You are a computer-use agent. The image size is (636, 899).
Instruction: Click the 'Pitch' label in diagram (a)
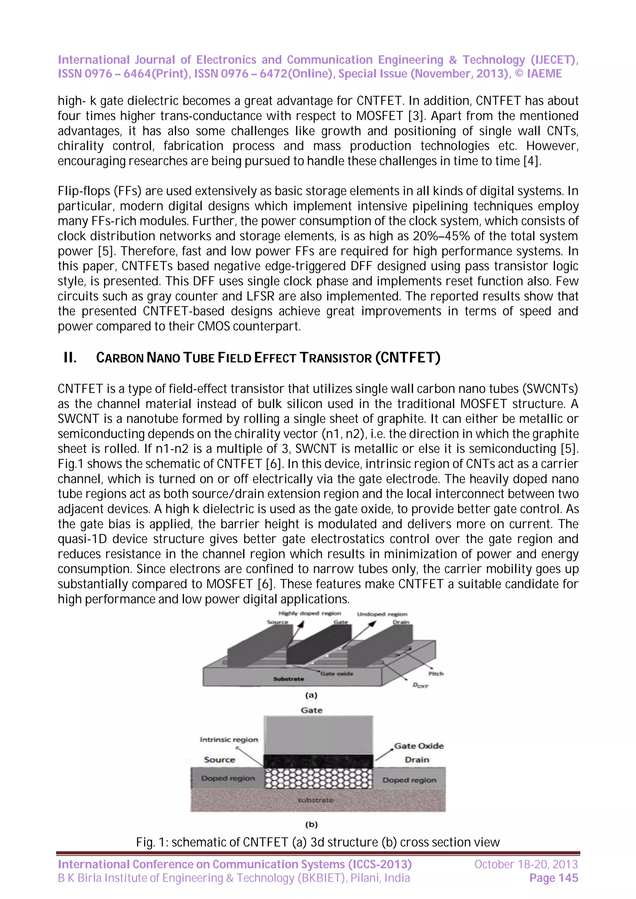[436, 673]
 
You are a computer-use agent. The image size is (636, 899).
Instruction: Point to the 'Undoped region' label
[382, 614]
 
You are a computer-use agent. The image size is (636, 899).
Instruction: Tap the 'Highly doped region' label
[310, 613]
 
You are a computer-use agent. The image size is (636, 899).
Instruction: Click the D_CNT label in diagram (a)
[420, 686]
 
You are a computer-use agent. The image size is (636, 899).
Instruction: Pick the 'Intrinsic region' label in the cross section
[229, 740]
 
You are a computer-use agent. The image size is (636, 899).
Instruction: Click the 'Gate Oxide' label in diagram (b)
[419, 746]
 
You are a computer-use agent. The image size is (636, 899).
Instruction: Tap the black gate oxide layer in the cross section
[318, 761]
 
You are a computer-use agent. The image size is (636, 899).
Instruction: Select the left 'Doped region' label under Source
[228, 778]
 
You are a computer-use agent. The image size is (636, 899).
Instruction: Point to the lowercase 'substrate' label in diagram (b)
[316, 800]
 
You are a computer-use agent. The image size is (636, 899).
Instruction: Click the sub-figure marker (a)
[311, 695]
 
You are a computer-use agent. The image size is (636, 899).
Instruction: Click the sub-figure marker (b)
[311, 825]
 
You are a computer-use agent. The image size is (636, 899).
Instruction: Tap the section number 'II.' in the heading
[70, 357]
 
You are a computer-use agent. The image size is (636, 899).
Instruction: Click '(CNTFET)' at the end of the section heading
[407, 357]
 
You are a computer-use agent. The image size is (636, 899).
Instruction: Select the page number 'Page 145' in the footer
[553, 878]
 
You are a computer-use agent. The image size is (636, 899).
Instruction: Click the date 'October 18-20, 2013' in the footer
[526, 864]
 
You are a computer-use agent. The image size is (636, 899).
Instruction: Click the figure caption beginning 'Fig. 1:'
[318, 842]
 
